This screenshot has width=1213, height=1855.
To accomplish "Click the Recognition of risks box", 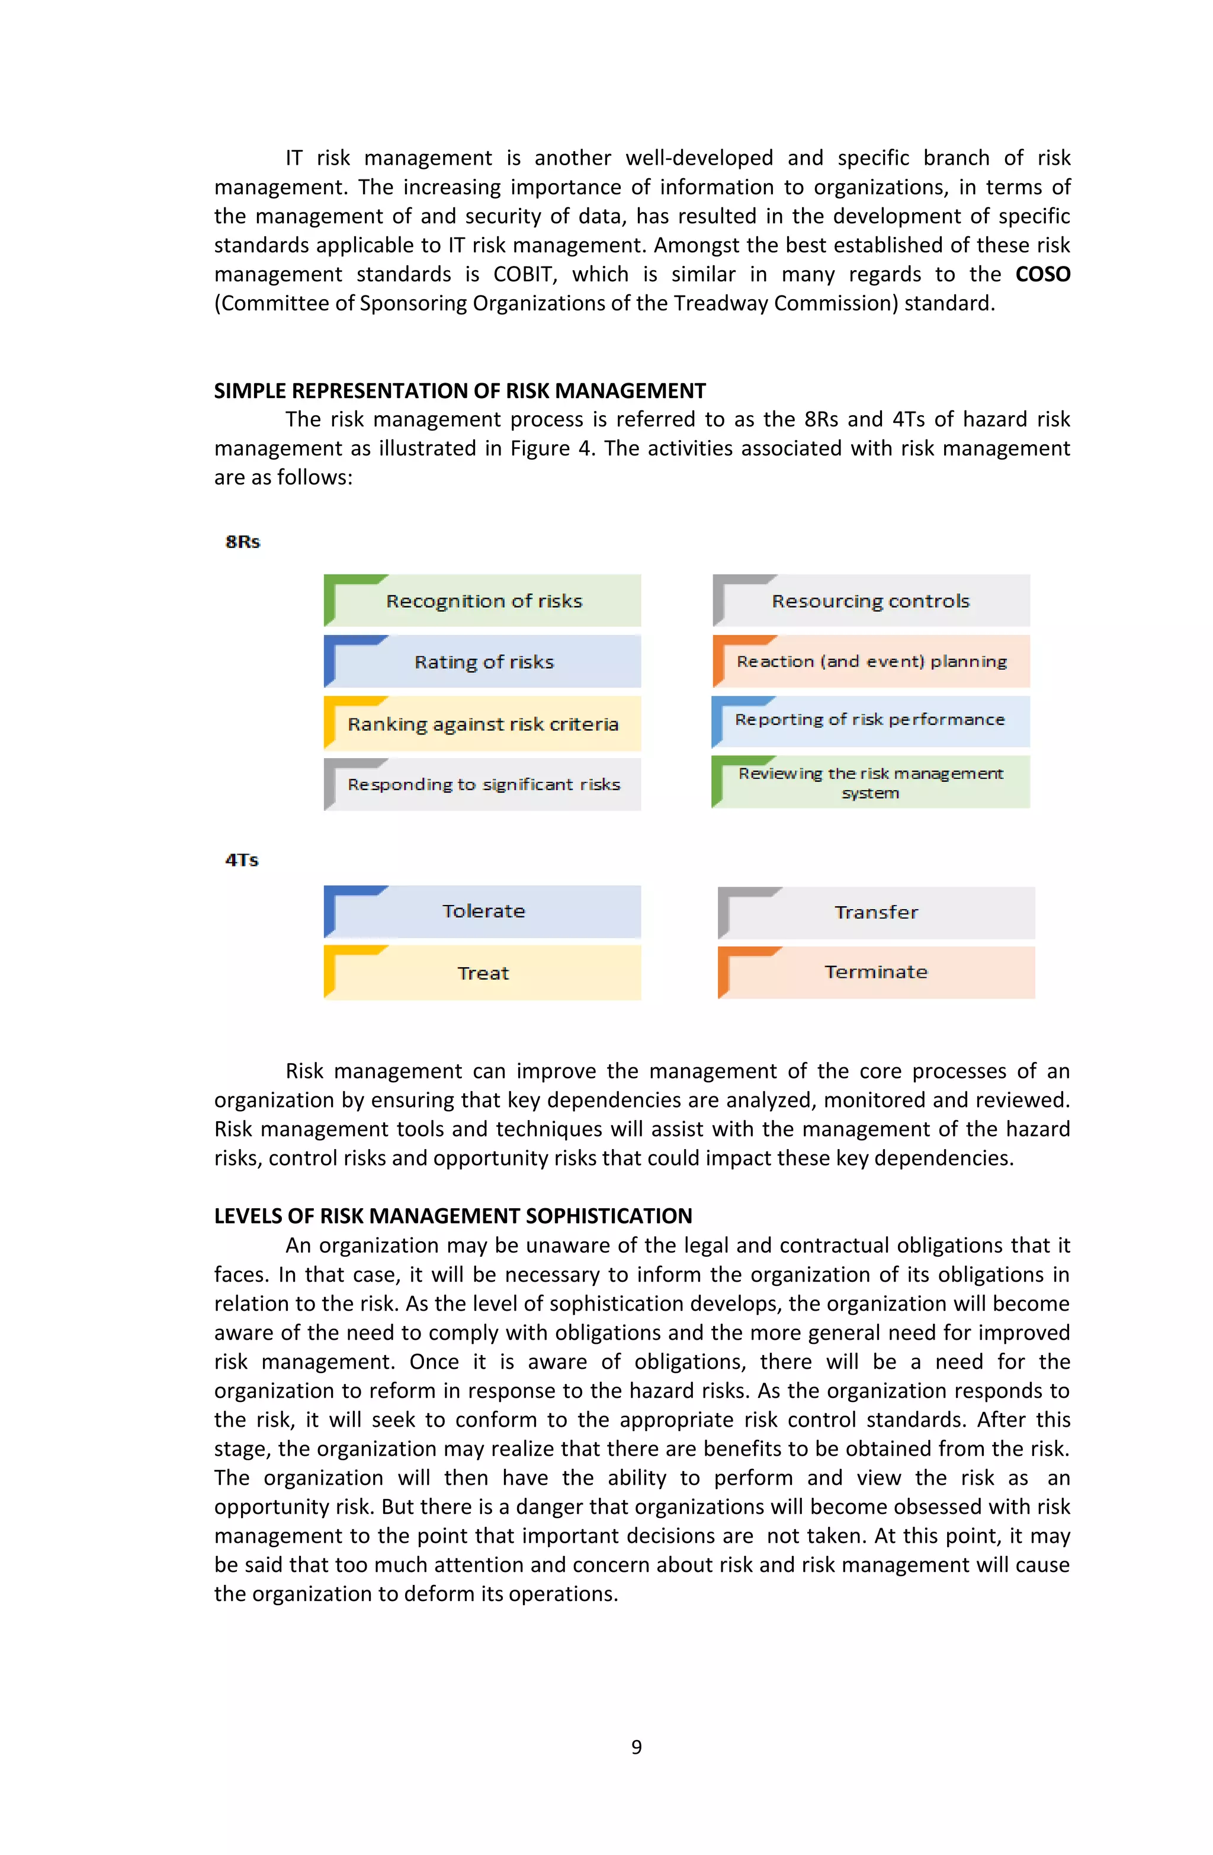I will click(x=483, y=601).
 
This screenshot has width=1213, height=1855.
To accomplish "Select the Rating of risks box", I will click(x=483, y=662).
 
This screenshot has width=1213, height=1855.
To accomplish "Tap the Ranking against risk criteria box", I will click(x=483, y=724).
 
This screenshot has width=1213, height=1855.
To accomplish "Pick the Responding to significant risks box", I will click(x=483, y=784).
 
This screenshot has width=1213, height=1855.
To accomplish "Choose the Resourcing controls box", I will click(x=871, y=601).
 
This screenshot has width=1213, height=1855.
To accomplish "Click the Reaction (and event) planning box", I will click(x=871, y=662).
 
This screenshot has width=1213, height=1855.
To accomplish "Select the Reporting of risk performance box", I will click(x=871, y=720).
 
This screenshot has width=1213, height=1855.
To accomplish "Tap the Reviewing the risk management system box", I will click(x=871, y=782).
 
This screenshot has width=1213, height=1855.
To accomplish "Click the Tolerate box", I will click(x=483, y=911).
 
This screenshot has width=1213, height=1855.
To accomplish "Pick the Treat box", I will click(x=483, y=973).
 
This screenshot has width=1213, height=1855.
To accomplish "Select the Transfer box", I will click(x=876, y=912).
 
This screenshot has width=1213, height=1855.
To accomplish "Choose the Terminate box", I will click(x=876, y=972).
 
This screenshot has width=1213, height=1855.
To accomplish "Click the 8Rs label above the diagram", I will click(x=242, y=542).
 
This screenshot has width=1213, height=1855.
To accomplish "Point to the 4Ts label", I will click(x=242, y=860).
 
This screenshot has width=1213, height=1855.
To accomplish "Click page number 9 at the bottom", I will click(x=636, y=1747).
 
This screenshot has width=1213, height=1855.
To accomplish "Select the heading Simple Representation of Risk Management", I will click(x=460, y=390).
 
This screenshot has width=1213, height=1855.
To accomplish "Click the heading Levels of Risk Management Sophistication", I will click(x=453, y=1216).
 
